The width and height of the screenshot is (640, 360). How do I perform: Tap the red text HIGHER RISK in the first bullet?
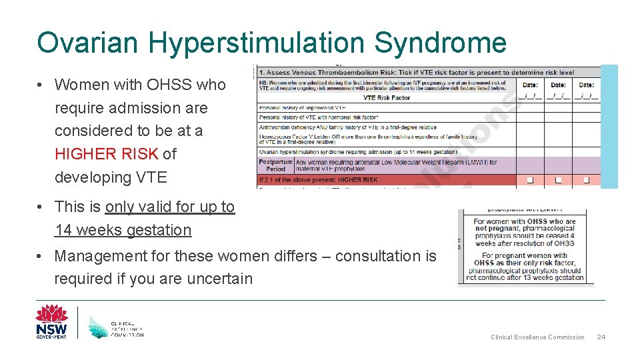click(107, 154)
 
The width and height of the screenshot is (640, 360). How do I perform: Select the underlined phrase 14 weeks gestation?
click(123, 231)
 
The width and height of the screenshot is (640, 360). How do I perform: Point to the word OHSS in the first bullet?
click(169, 85)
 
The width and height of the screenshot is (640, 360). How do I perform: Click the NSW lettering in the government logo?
click(51, 329)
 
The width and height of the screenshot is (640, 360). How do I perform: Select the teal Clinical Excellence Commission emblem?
click(100, 325)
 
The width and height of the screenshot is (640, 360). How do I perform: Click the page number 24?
click(601, 337)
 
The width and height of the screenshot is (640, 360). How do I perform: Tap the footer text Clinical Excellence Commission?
click(537, 337)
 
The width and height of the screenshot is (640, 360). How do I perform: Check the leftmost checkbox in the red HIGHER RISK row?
click(530, 180)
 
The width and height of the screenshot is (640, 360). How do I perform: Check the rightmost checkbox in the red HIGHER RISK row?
click(586, 180)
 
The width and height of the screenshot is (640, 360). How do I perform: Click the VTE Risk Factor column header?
click(387, 97)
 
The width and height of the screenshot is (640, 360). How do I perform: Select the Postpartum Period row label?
click(275, 165)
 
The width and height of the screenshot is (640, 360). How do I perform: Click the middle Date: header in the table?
click(558, 85)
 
